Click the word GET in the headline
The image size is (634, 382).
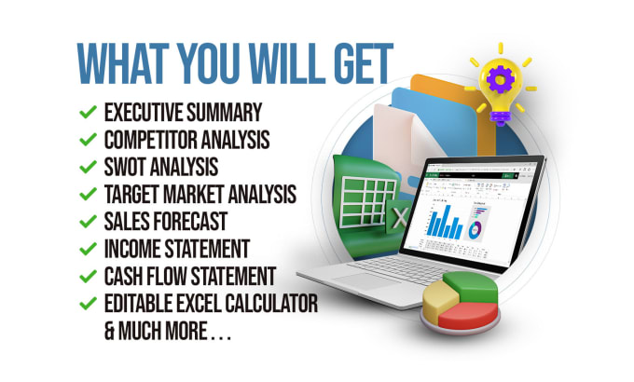(x=364, y=63)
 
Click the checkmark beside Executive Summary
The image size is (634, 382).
(x=88, y=112)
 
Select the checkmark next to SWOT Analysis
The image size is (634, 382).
(x=88, y=167)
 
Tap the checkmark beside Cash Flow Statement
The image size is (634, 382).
(x=88, y=276)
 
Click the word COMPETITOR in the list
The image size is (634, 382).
(x=150, y=140)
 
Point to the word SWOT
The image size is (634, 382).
(x=125, y=167)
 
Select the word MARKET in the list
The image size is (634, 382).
(x=193, y=194)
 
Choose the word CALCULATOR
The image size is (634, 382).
(x=271, y=304)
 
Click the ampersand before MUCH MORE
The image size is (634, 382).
(x=109, y=331)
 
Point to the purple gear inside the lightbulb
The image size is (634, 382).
(x=501, y=79)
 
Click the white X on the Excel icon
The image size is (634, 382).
(x=400, y=218)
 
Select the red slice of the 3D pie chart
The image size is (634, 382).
(x=469, y=316)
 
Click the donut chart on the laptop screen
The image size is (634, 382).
(x=475, y=229)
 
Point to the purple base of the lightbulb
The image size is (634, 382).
(x=501, y=116)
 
